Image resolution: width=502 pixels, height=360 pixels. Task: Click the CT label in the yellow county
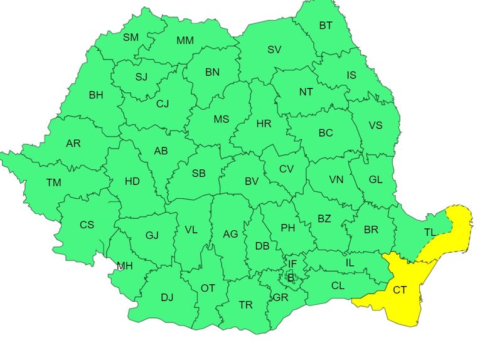point(400,290)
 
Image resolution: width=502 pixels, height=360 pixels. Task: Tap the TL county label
point(430,232)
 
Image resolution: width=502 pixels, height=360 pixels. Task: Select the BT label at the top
point(326,26)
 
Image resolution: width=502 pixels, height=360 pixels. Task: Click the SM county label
point(131,38)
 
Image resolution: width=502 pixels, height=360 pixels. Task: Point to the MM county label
point(185,41)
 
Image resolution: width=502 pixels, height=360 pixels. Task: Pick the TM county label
point(54,183)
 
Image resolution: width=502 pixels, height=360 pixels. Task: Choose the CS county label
point(87,225)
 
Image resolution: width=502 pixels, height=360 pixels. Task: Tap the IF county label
point(292,263)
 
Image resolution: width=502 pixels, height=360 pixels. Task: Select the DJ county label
point(167,297)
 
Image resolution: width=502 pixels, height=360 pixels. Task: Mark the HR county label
point(264,124)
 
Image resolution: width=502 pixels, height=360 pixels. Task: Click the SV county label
point(274,50)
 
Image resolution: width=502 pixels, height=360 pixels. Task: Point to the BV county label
point(252,181)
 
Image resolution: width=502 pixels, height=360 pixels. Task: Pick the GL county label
point(375,179)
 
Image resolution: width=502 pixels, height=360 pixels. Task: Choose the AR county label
point(73,144)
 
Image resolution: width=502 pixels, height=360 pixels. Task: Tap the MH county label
point(125,266)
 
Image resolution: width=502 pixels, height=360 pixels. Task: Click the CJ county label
point(163,103)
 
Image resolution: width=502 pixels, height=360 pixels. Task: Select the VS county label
point(375,125)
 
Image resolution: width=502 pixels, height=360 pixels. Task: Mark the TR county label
point(246,305)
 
